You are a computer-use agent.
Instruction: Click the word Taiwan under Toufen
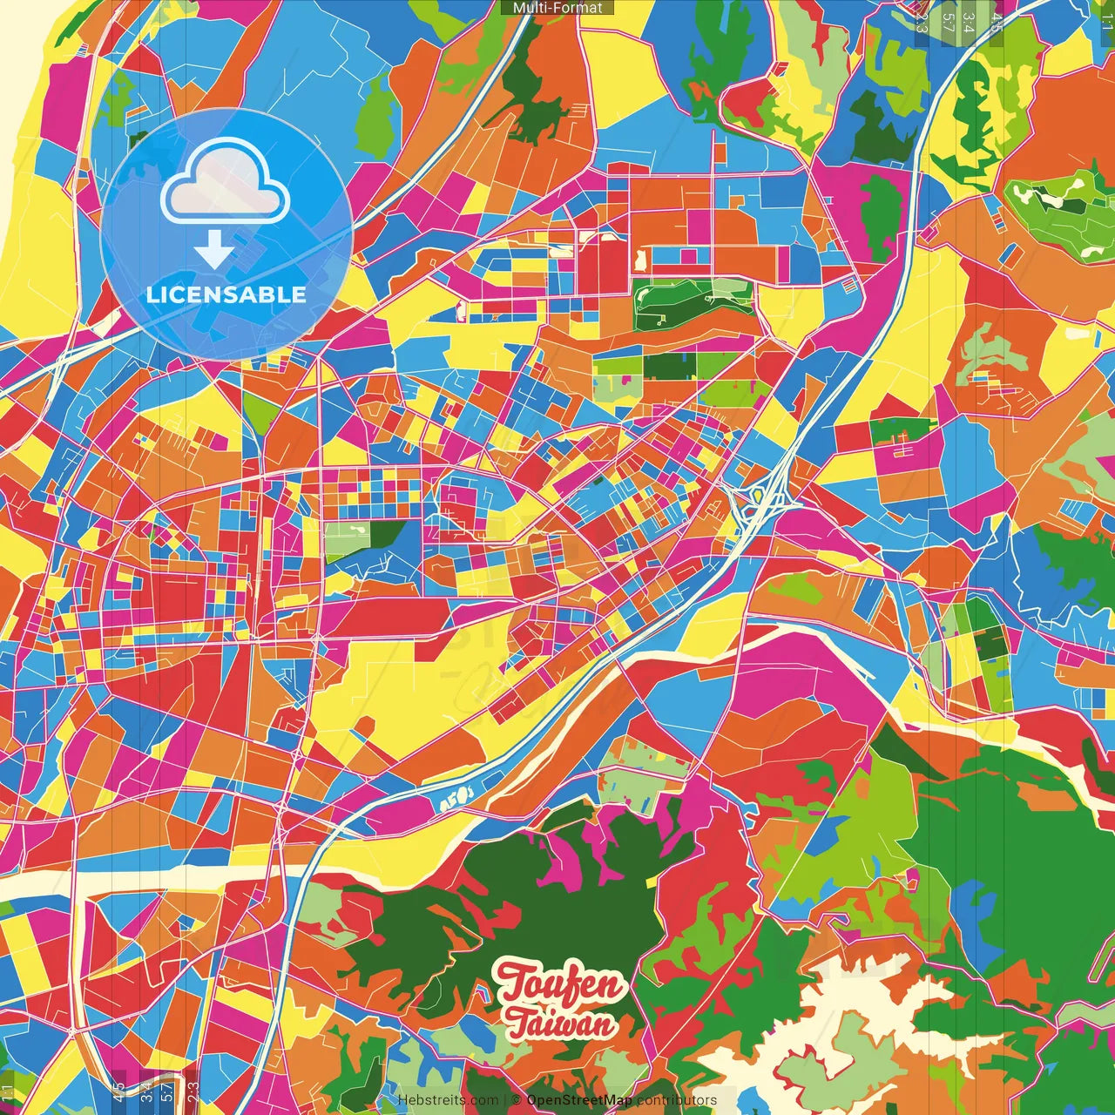tap(561, 1024)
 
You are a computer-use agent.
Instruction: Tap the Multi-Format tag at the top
tap(557, 8)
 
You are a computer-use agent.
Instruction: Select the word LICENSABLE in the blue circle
tap(226, 294)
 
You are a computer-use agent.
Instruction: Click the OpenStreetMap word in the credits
tap(579, 1100)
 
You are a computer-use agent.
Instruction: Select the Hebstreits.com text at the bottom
tap(448, 1100)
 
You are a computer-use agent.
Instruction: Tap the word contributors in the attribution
tap(677, 1100)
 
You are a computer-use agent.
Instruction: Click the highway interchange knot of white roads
tap(760, 501)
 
